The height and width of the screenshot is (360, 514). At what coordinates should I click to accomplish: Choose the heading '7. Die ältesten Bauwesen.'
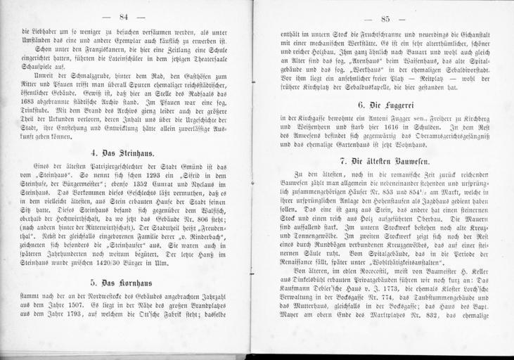(384, 161)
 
